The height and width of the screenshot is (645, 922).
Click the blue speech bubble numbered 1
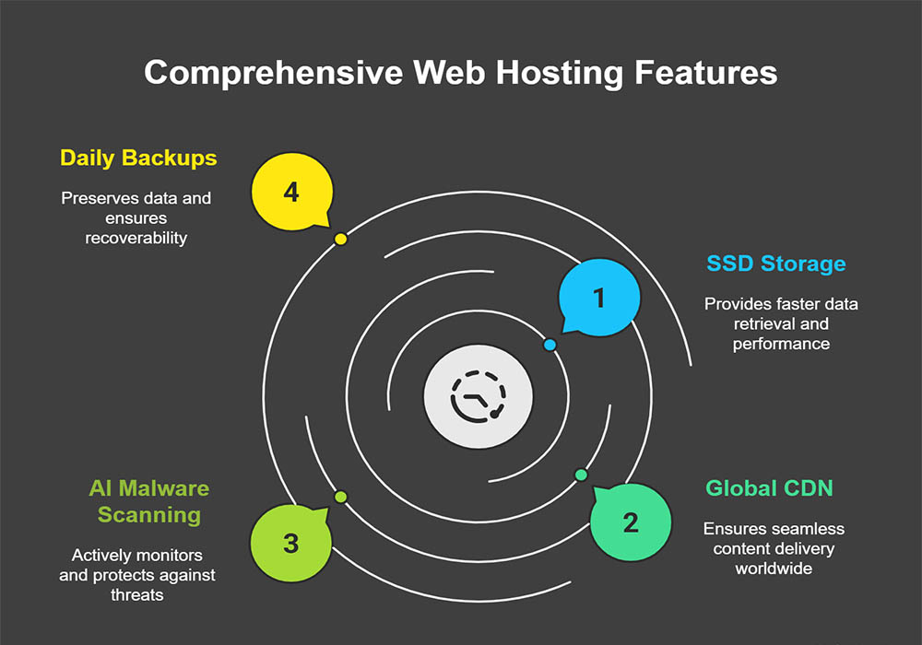599,298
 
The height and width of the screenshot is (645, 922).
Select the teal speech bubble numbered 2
630,523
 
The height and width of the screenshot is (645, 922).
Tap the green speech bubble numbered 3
291,543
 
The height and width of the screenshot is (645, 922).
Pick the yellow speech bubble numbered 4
291,193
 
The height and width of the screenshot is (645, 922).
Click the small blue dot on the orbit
550,345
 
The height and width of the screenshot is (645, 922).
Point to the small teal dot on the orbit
581,475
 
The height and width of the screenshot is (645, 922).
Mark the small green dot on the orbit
340,497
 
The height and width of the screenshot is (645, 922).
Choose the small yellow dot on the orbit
340,239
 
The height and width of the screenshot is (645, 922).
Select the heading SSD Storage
775,264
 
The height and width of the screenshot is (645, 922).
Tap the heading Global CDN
769,487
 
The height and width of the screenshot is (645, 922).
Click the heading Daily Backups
138,158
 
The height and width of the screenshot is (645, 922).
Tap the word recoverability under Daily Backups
136,238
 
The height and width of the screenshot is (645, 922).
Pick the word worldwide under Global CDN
774,568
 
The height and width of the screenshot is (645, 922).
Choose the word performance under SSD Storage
781,344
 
